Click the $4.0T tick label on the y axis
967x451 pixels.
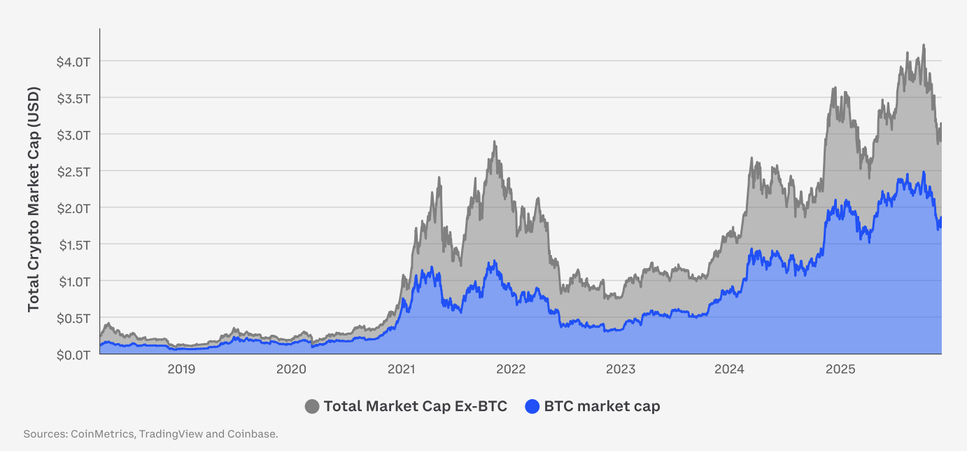[x=73, y=62]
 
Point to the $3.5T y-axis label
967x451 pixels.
[x=73, y=98]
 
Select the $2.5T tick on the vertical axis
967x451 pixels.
[x=73, y=171]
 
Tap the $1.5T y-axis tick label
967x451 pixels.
[x=73, y=244]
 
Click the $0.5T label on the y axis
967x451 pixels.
[x=73, y=318]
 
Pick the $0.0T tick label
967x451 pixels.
[x=73, y=354]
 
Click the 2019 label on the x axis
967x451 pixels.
[x=181, y=369]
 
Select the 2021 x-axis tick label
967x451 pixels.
[x=401, y=369]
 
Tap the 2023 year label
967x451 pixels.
[x=621, y=369]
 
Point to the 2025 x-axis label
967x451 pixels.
[x=840, y=369]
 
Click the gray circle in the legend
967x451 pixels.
[x=312, y=406]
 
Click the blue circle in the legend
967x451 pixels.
[x=532, y=406]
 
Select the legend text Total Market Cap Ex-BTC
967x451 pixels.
[x=415, y=406]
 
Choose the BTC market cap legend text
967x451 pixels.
[x=602, y=406]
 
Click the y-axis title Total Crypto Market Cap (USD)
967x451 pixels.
[x=34, y=200]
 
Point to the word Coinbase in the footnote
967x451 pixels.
[x=253, y=434]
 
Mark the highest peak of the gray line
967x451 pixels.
[x=924, y=45]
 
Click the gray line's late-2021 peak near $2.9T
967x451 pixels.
[x=494, y=141]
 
